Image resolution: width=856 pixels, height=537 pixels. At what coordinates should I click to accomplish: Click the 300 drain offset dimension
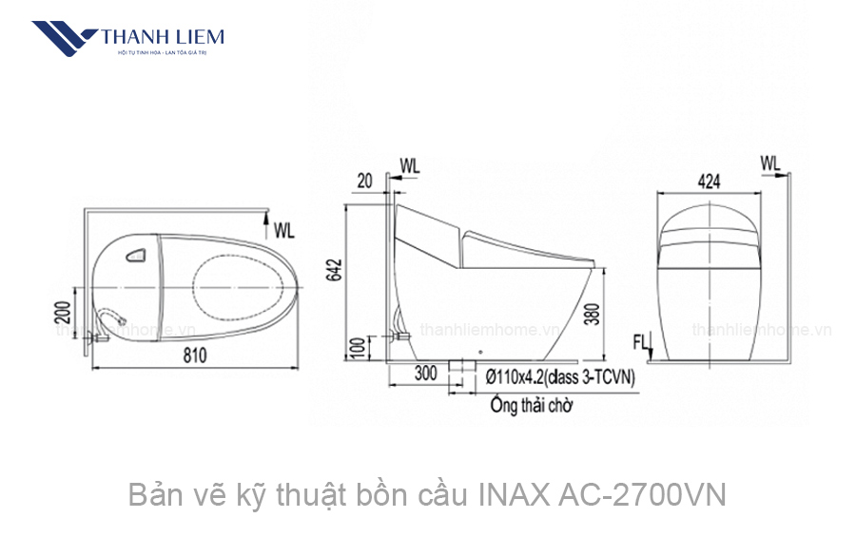click(425, 374)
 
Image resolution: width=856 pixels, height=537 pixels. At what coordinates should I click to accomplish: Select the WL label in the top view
click(283, 230)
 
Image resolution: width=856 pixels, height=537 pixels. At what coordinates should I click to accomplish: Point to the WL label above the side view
click(409, 165)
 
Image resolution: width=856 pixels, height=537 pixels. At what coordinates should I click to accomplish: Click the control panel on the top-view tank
click(135, 254)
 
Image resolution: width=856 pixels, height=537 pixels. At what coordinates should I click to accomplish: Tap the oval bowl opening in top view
click(243, 285)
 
